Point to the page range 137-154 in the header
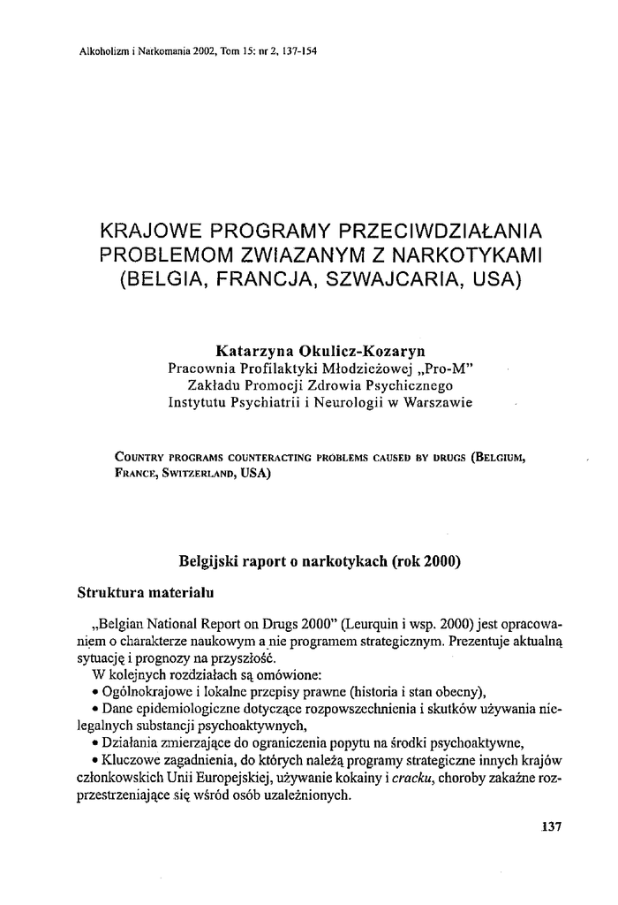click(298, 49)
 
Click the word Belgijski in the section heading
click(212, 560)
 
